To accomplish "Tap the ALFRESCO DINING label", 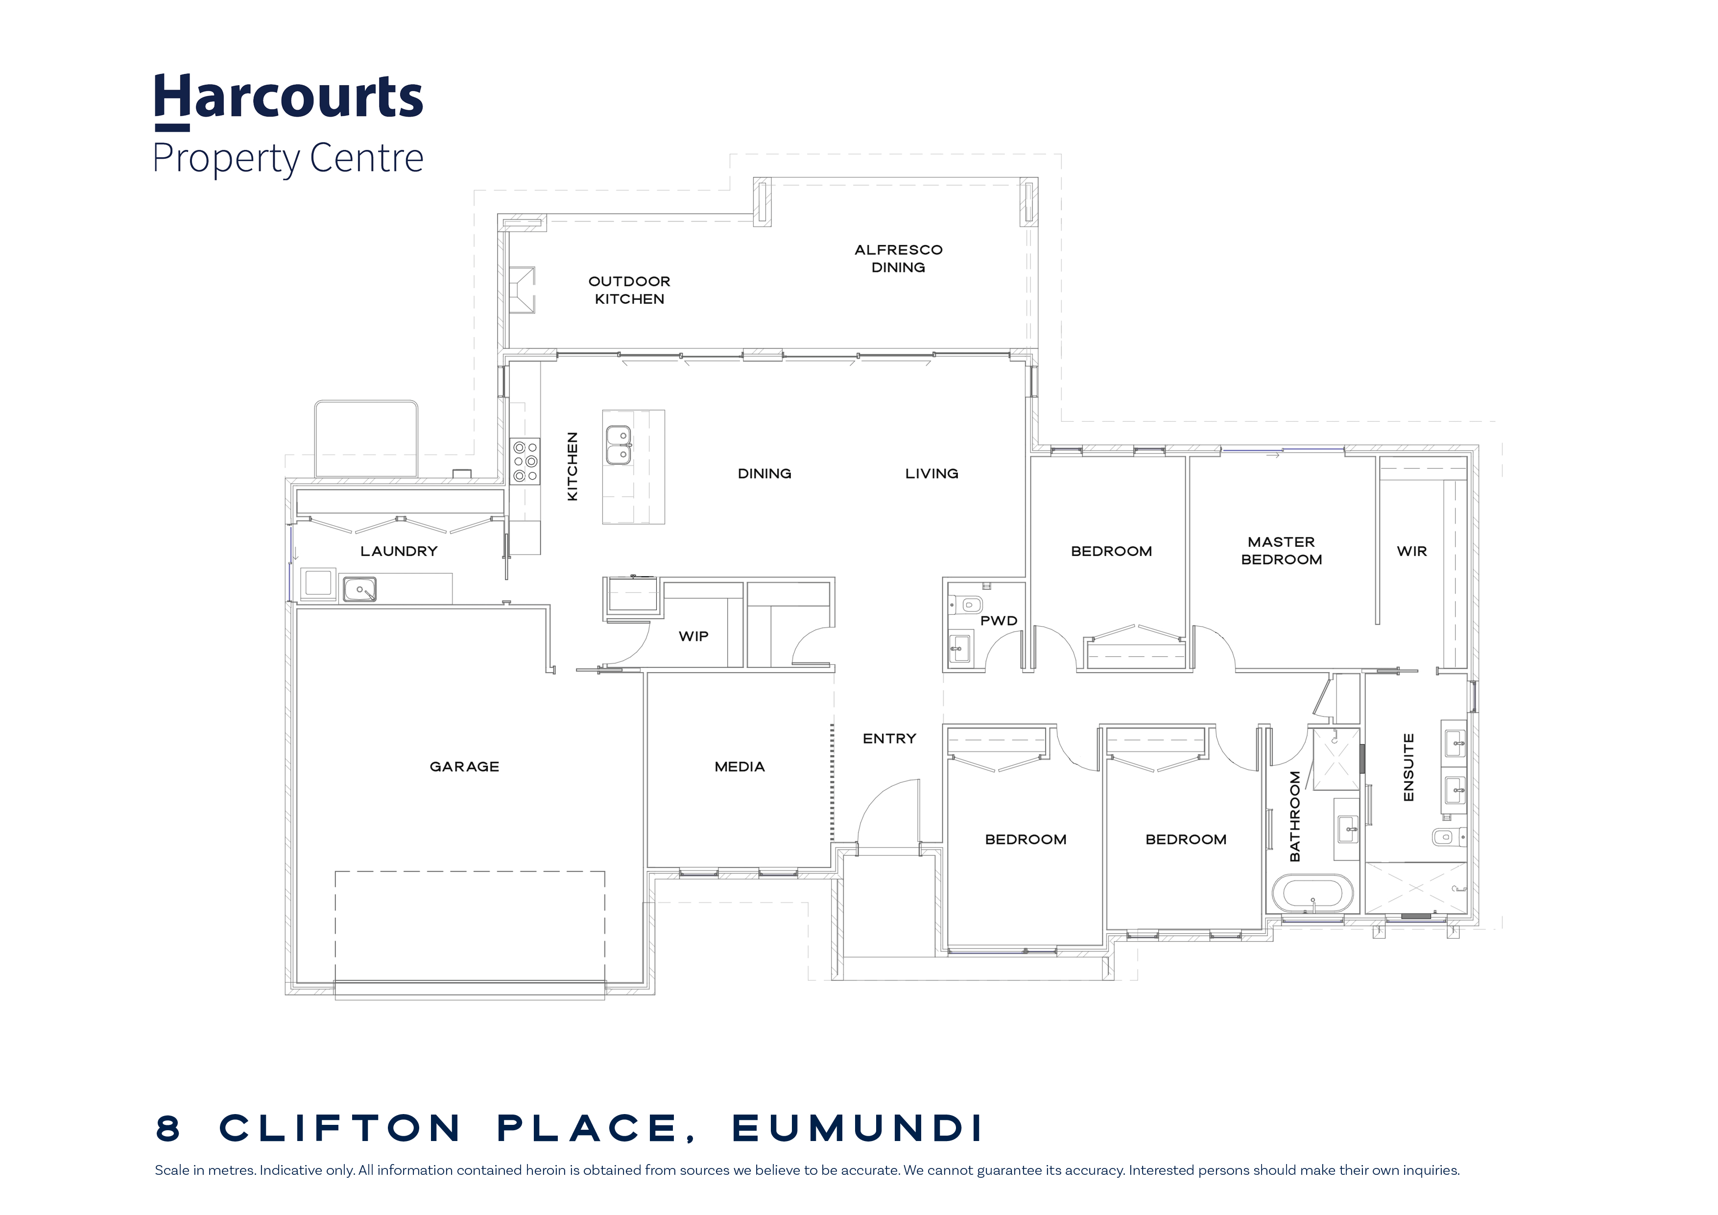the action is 899,258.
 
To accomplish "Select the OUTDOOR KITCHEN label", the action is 629,290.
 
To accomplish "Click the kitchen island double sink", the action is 618,445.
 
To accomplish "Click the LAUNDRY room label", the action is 399,552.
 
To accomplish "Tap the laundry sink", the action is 359,589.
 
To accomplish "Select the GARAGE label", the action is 464,767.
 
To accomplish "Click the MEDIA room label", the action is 740,767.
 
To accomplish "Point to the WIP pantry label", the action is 693,636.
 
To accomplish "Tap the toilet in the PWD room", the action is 965,604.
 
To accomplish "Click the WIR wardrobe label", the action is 1412,552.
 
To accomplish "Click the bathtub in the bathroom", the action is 1312,894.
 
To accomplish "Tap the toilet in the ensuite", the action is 1447,837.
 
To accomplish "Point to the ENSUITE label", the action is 1408,767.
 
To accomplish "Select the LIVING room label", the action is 931,474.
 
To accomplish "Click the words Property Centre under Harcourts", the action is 288,159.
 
